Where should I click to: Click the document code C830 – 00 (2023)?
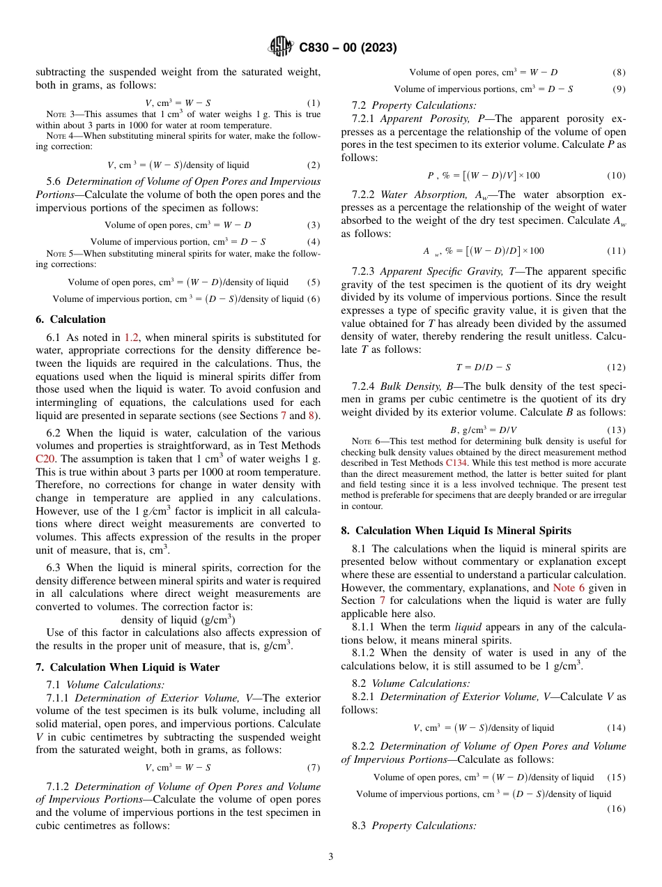(x=348, y=48)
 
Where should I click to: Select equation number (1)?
(x=314, y=103)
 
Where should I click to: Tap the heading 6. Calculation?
(x=70, y=319)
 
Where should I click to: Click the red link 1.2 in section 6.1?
(x=131, y=337)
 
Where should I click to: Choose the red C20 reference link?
(x=45, y=459)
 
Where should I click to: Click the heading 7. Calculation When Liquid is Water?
(x=128, y=667)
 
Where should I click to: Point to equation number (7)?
(x=314, y=768)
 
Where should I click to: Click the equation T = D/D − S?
(x=483, y=367)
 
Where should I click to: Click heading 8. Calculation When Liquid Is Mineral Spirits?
(x=456, y=531)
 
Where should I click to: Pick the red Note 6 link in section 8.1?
(x=568, y=588)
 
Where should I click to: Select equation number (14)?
(x=616, y=728)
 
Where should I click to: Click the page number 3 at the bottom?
(x=331, y=857)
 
